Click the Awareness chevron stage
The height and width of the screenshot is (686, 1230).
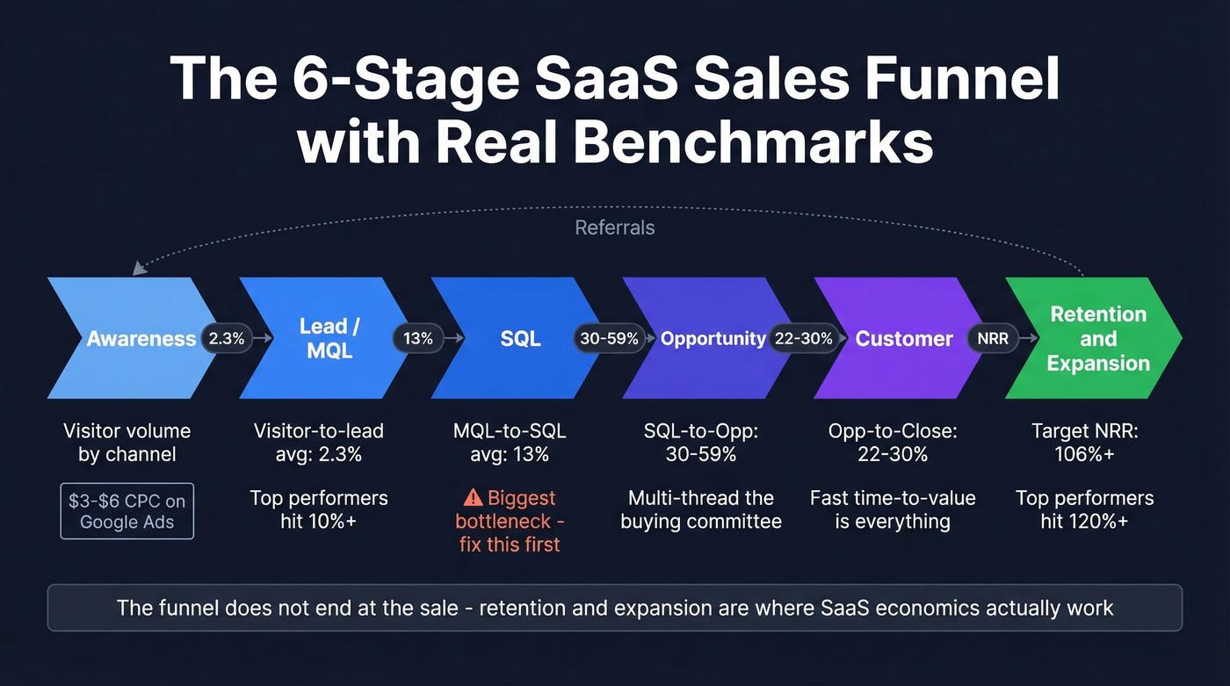point(132,338)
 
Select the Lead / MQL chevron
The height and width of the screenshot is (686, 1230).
point(327,338)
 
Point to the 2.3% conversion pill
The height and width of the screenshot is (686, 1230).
point(227,338)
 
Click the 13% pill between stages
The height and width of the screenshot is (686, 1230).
point(418,338)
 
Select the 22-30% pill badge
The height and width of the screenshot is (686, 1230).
point(802,338)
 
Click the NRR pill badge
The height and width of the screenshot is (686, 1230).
point(993,338)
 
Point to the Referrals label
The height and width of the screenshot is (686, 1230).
point(614,228)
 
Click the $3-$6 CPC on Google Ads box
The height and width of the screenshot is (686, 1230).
point(127,511)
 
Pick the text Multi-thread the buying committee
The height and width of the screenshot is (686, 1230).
point(700,509)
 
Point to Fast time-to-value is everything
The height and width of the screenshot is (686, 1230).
point(893,509)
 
